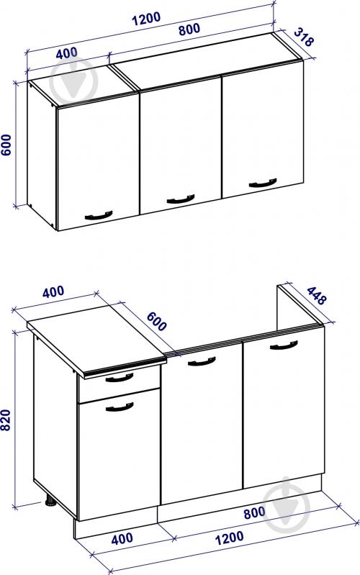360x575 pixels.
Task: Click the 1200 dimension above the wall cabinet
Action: (146, 18)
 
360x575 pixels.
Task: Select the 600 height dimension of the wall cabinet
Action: (6, 145)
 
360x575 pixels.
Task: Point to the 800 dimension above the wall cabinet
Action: (189, 30)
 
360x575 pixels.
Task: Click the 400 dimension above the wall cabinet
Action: (67, 53)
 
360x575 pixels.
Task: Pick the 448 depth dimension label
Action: (316, 296)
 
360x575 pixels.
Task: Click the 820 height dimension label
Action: (6, 420)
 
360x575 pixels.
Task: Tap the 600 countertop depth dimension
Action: (157, 321)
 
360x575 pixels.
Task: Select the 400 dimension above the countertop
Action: (53, 292)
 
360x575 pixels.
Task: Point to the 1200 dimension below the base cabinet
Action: (229, 538)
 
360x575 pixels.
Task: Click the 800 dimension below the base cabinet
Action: (254, 513)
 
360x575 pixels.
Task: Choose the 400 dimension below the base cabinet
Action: (122, 538)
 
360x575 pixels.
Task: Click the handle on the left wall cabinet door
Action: (99, 215)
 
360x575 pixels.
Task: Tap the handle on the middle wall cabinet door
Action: (181, 199)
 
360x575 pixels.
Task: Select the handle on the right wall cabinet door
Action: (263, 183)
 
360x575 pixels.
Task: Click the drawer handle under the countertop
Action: (120, 378)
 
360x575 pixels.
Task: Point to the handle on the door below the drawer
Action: (120, 407)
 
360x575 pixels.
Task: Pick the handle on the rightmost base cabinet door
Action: (284, 345)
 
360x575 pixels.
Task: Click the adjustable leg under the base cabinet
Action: (49, 502)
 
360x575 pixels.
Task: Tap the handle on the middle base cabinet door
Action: (202, 362)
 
